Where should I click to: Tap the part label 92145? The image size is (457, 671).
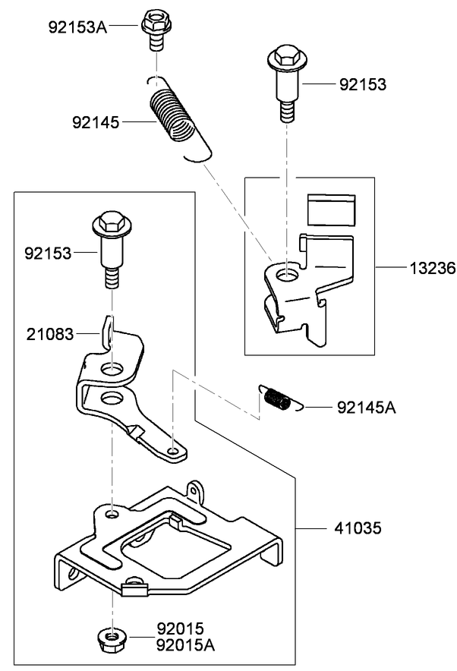click(96, 121)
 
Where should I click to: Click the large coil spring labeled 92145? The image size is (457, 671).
click(175, 118)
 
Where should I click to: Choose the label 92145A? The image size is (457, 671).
click(366, 408)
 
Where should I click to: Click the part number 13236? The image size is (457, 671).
click(430, 268)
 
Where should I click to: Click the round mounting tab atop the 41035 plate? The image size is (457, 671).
click(198, 490)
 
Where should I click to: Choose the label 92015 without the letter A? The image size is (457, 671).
click(181, 628)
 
